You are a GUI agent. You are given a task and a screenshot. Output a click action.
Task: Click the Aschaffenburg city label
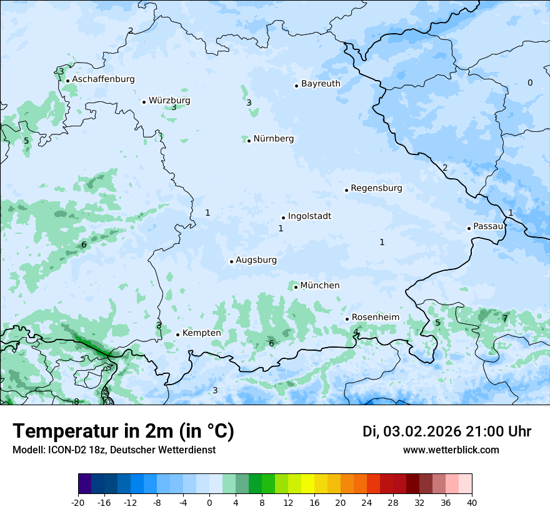[x=103, y=79]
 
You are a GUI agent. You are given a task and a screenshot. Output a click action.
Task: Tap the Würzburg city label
[x=169, y=101]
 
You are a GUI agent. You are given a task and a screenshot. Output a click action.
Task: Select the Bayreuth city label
[x=321, y=84]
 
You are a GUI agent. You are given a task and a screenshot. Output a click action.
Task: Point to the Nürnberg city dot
[x=249, y=141]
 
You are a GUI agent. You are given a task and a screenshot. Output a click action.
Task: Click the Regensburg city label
[x=376, y=188]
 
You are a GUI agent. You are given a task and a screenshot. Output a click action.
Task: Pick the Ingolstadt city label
[x=309, y=216]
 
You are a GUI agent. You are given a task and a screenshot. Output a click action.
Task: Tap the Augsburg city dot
[x=231, y=261]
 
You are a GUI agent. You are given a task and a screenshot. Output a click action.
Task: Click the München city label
[x=320, y=286]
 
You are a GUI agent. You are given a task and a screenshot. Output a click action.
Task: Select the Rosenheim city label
[x=375, y=318]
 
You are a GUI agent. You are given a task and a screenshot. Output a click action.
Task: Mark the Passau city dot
[x=469, y=228]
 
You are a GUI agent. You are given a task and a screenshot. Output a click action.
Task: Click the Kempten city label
[x=201, y=333]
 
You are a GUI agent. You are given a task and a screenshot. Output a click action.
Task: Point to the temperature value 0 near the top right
[x=530, y=83]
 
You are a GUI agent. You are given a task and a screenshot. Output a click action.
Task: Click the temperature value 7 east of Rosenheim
[x=505, y=318]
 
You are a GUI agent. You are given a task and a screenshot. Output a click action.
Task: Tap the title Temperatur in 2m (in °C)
[x=124, y=431]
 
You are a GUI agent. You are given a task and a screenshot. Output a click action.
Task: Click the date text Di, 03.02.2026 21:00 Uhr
[x=447, y=431]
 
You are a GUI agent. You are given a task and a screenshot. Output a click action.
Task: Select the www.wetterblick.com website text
[x=451, y=450]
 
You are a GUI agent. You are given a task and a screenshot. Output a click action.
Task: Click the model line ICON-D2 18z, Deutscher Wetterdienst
[x=114, y=450]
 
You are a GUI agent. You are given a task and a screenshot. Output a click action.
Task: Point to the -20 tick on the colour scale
[x=78, y=503]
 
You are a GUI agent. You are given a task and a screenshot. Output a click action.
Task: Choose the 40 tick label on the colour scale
[x=472, y=503]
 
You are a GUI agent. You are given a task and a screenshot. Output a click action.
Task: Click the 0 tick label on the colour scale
[x=209, y=503]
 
